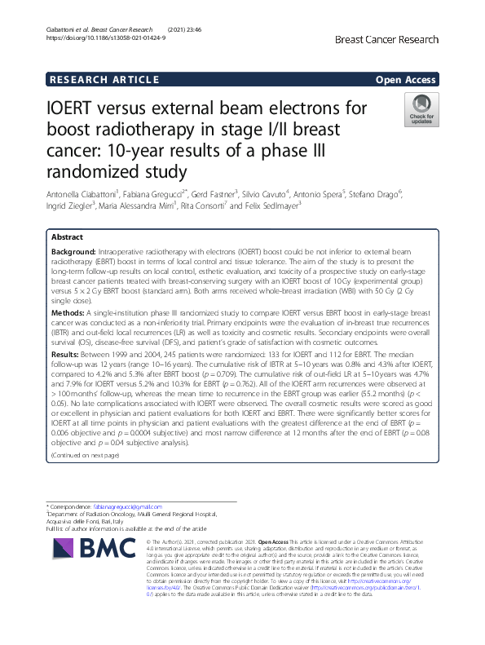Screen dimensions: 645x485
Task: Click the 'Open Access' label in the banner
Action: coord(406,79)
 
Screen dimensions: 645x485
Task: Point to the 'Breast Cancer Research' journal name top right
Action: coord(386,39)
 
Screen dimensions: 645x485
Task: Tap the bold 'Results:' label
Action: coord(66,356)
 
